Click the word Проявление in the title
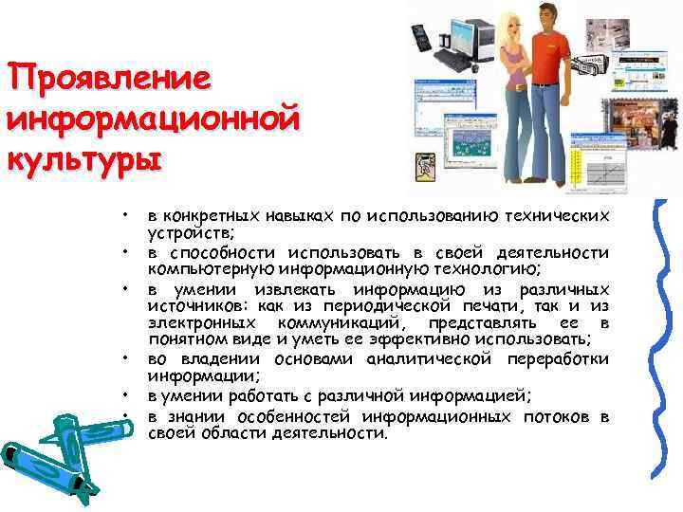click(108, 79)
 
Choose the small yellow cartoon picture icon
click(422, 166)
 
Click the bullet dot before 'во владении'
click(124, 359)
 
